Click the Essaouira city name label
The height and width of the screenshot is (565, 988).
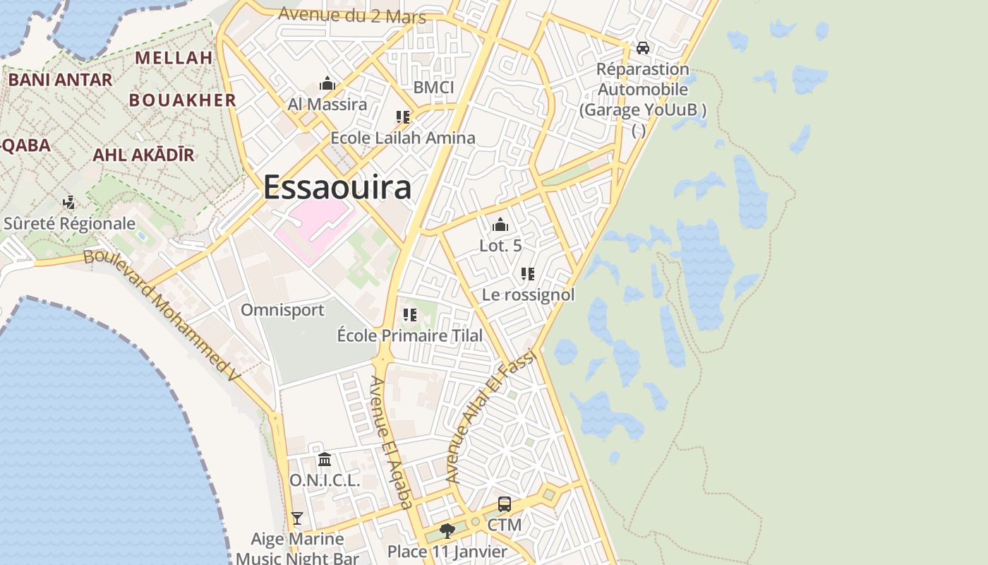(x=337, y=187)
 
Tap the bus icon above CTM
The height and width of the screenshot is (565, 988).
(x=505, y=504)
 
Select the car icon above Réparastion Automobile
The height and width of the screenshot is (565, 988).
(x=642, y=48)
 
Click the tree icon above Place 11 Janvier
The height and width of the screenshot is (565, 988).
(x=447, y=530)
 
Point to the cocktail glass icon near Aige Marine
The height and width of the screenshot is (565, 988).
(x=297, y=518)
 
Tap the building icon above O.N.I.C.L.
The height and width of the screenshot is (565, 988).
(x=325, y=460)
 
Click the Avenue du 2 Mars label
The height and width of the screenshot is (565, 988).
(x=352, y=15)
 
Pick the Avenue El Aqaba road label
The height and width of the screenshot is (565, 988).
(x=391, y=442)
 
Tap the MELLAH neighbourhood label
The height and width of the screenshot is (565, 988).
(x=174, y=58)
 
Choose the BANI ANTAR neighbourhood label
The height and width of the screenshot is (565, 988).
(x=60, y=80)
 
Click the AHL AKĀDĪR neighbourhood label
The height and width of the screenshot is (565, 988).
(x=143, y=155)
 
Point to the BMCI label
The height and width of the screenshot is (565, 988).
(x=433, y=88)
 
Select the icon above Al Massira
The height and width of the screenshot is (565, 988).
(x=327, y=84)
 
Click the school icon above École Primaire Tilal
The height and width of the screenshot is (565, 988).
(x=409, y=315)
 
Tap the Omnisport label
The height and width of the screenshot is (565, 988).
(x=282, y=310)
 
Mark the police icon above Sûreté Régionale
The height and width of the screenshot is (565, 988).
(x=68, y=203)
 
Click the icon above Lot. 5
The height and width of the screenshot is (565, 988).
(x=500, y=225)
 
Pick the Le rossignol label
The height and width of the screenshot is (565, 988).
(x=528, y=295)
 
